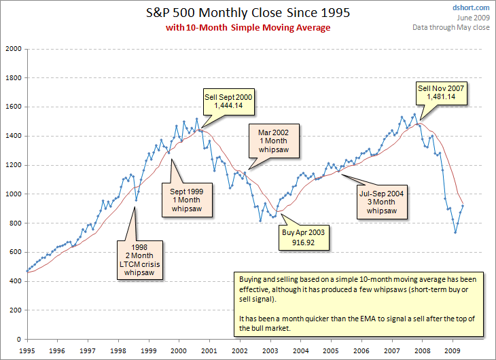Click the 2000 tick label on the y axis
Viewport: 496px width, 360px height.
coord(14,49)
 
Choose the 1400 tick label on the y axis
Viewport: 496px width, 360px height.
coord(14,136)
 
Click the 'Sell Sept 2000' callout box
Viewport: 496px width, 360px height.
coord(228,102)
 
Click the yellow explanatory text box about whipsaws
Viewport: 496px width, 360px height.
coord(359,304)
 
